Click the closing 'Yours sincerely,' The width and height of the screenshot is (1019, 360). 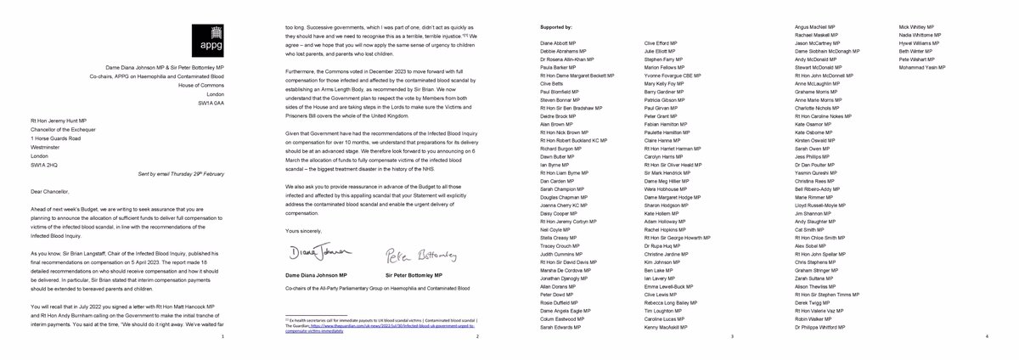301,230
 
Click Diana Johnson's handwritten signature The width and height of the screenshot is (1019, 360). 309,254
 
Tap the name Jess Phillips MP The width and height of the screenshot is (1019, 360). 814,157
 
